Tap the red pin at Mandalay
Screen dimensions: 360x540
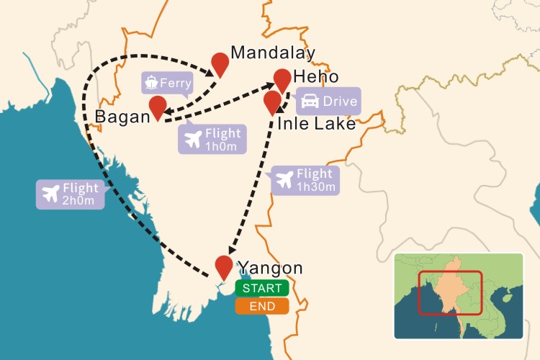(x=219, y=63)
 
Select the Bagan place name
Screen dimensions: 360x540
(x=122, y=117)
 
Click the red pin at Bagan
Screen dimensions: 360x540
(x=158, y=107)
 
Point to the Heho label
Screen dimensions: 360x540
(x=315, y=76)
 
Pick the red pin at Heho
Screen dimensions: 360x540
(x=282, y=78)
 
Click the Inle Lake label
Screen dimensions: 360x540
(x=317, y=124)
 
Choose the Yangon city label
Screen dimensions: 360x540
(x=271, y=269)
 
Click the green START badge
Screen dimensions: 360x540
(x=261, y=289)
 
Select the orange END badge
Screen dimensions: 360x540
(x=261, y=306)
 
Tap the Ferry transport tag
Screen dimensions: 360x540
(x=168, y=83)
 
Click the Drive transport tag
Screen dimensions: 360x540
(x=328, y=102)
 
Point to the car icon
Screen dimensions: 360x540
(x=310, y=102)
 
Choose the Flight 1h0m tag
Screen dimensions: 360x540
(x=212, y=138)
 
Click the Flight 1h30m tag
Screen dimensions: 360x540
(x=305, y=179)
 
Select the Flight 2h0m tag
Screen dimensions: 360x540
(x=71, y=194)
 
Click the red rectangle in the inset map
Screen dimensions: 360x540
(x=449, y=292)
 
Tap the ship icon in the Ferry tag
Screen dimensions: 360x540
(x=152, y=83)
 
